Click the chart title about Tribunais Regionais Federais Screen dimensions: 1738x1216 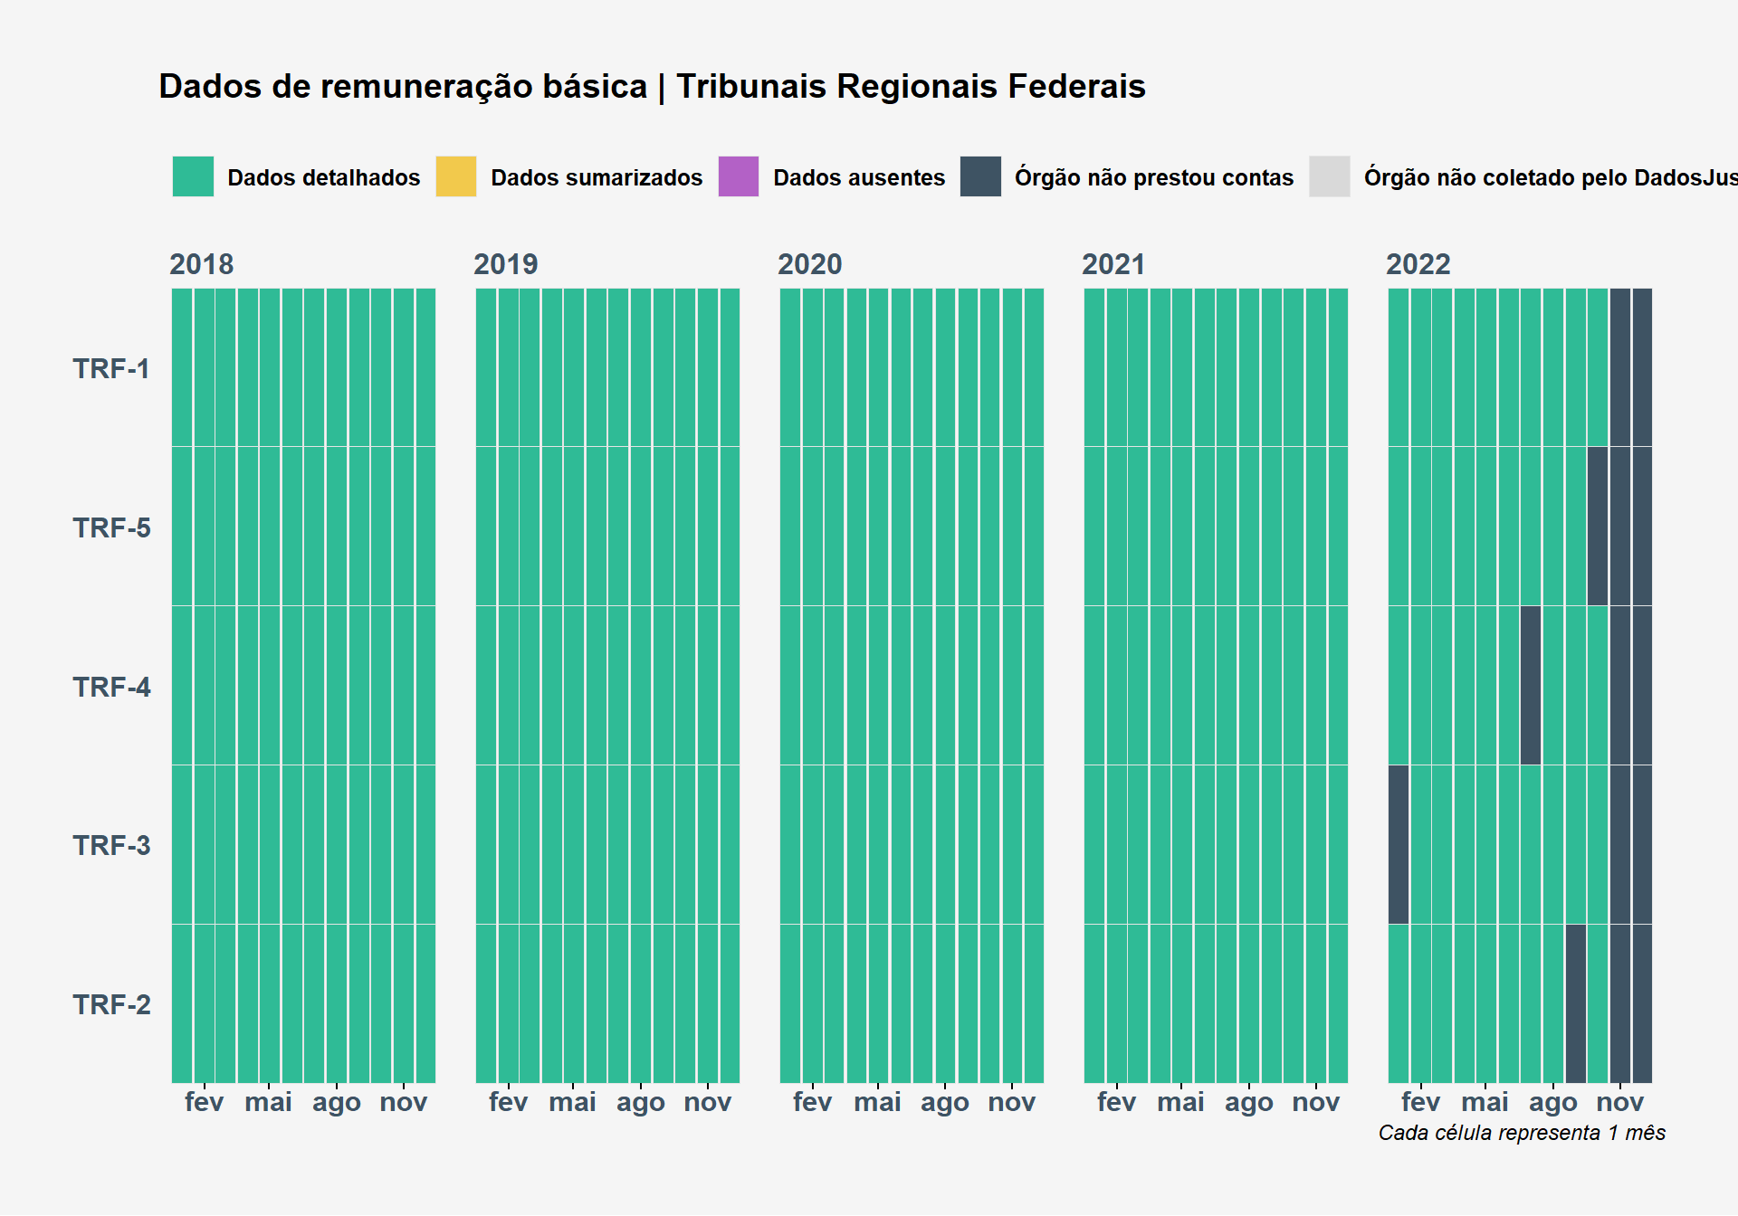(652, 87)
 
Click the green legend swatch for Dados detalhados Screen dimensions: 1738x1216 (193, 176)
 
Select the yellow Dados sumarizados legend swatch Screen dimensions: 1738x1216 (456, 176)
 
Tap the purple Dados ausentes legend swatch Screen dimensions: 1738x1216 (739, 176)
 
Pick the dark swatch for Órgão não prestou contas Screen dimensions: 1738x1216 (980, 176)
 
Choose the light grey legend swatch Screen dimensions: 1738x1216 (1330, 176)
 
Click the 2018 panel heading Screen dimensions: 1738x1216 (202, 264)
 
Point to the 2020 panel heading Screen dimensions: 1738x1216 (810, 264)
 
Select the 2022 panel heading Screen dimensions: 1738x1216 (1418, 264)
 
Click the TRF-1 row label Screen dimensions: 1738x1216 (111, 369)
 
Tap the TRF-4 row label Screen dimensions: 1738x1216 (111, 688)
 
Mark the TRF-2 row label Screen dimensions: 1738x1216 (111, 1005)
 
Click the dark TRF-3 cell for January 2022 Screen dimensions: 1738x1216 (1399, 845)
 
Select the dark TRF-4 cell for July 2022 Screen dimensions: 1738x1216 (1531, 686)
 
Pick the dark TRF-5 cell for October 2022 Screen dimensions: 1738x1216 (1598, 527)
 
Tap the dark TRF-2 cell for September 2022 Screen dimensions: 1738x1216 (1576, 1003)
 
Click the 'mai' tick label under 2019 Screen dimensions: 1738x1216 (573, 1102)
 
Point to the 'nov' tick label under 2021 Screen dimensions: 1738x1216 (1316, 1102)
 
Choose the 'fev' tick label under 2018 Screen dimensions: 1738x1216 (205, 1102)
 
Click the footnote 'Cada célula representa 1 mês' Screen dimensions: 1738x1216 (1522, 1134)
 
